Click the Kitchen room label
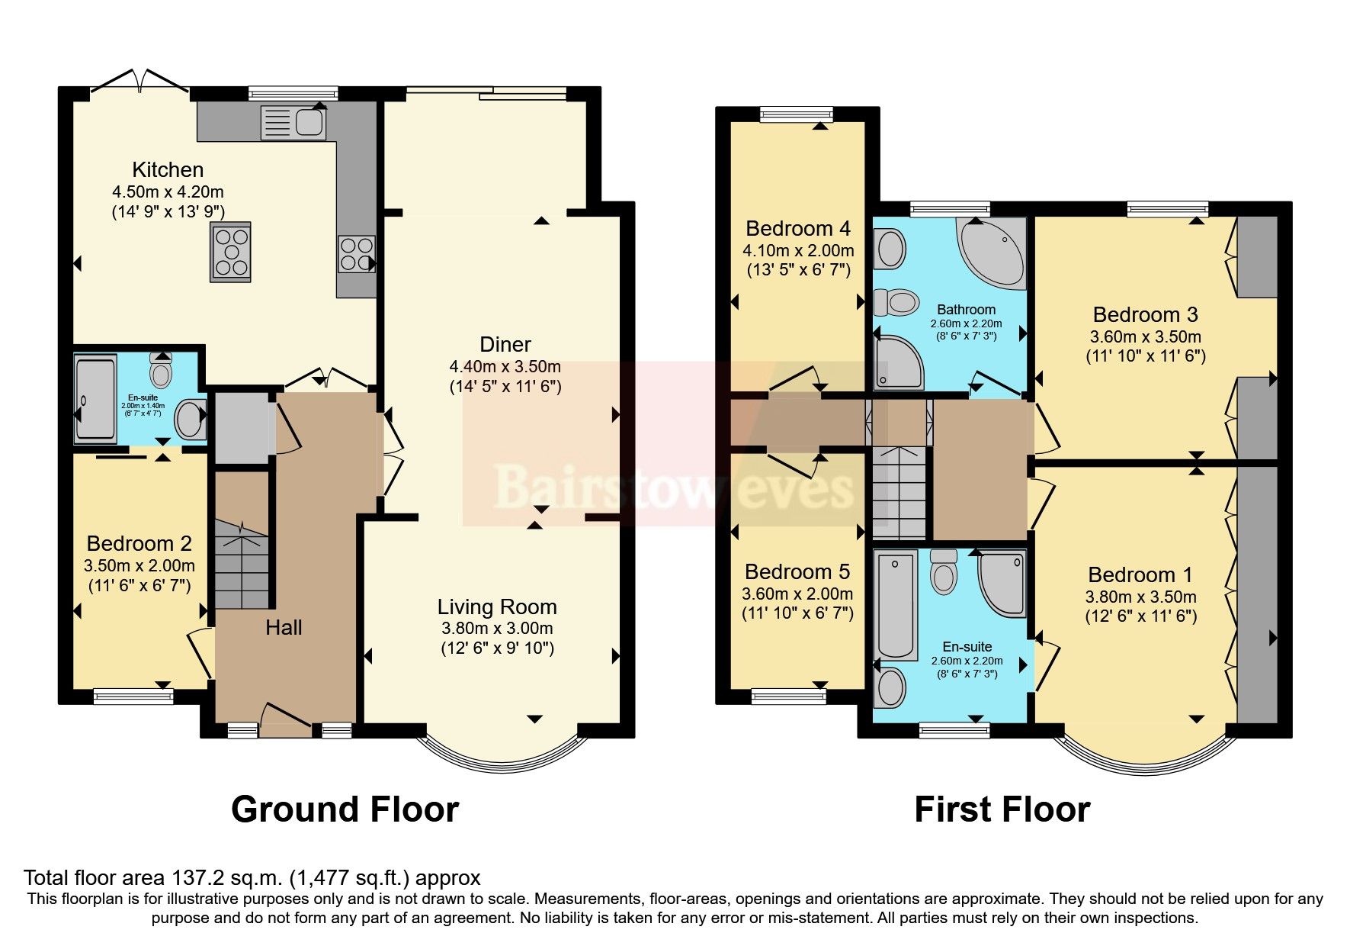168,169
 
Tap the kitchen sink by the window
293,122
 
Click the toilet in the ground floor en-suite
161,372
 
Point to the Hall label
284,628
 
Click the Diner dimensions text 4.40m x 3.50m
505,366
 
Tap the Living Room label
497,607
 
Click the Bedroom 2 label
139,544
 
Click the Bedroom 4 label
798,229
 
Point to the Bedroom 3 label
1145,314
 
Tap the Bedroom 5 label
797,572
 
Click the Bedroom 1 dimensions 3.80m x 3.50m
1140,597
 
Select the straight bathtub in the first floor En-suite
896,606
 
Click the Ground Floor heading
345,809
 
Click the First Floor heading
1002,809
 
